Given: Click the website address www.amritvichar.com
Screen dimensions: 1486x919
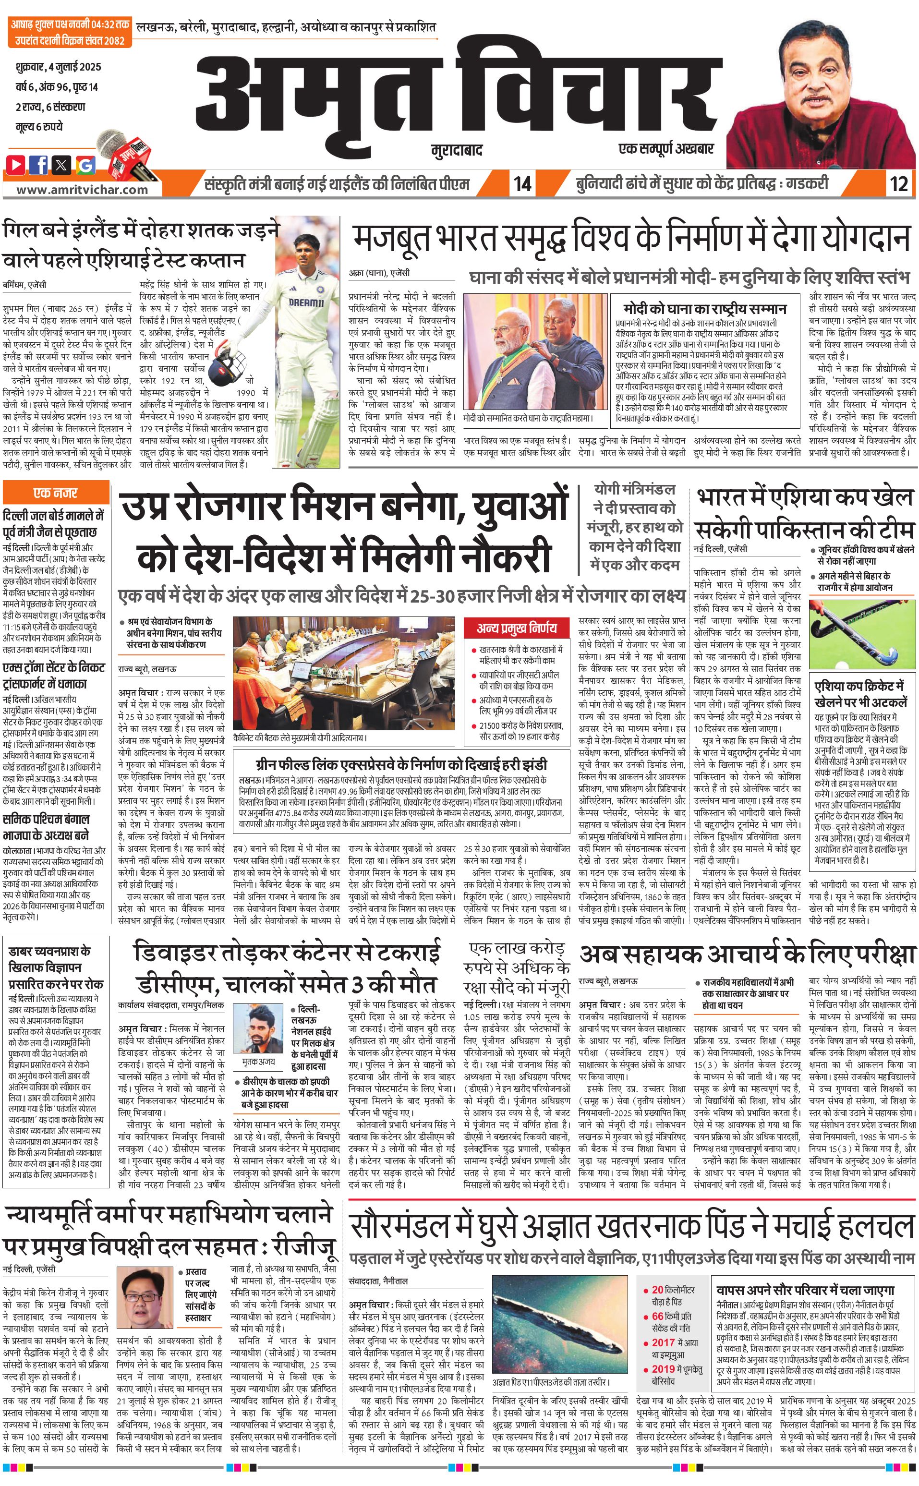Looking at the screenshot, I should (x=82, y=189).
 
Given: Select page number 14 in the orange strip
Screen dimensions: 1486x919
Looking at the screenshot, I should (x=522, y=183).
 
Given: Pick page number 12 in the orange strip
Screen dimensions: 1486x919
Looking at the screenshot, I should (x=898, y=183).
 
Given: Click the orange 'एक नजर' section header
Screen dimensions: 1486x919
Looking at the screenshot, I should (x=56, y=492).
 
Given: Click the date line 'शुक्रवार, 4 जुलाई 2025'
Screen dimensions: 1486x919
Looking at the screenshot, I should (x=59, y=67).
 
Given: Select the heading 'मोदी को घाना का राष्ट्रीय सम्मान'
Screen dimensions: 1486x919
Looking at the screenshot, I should (x=704, y=309).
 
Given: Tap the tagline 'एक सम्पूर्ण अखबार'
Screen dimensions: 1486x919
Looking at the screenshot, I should (x=665, y=148).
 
